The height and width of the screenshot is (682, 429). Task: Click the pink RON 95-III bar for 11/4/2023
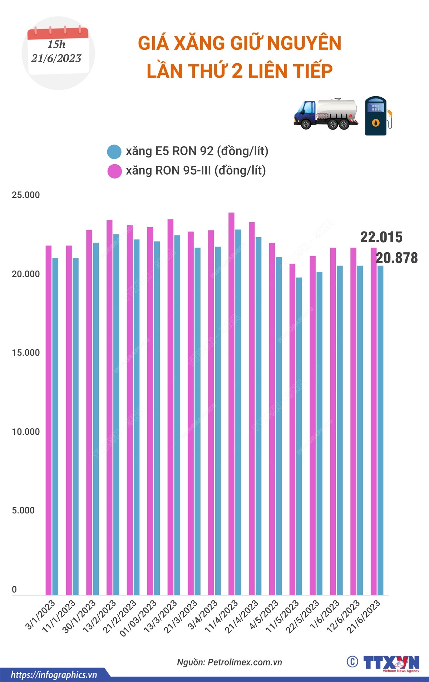(x=231, y=404)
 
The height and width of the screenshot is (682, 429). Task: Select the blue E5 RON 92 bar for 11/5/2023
(x=299, y=437)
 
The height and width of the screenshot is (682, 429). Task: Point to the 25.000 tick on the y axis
(x=26, y=195)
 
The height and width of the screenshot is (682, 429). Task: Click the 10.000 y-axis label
(x=26, y=432)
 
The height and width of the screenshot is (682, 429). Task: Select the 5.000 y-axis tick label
(x=23, y=511)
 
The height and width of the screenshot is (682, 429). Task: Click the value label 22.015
(x=381, y=237)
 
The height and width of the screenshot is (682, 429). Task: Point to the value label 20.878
(x=397, y=258)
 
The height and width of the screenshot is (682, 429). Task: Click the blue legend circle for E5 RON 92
(x=114, y=152)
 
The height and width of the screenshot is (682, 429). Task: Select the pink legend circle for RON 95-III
(x=114, y=171)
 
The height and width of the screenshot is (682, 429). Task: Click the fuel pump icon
(x=378, y=116)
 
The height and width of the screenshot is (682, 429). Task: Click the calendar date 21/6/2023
(x=56, y=58)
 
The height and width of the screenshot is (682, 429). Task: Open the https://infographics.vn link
(x=54, y=675)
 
